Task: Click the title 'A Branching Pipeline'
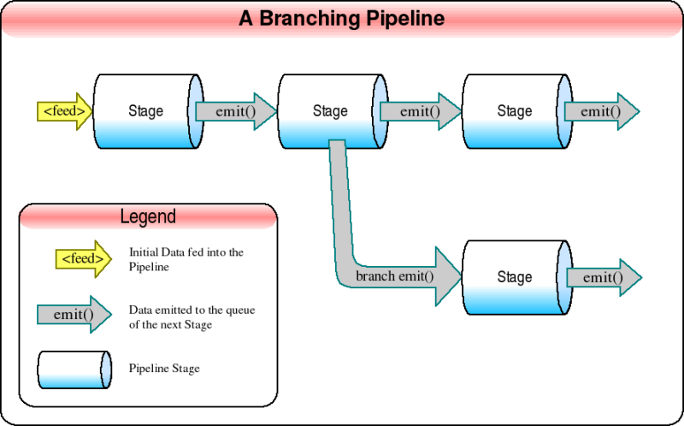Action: [341, 19]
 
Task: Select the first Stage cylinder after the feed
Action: [146, 111]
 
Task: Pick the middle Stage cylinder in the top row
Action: [330, 111]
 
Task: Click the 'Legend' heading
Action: [148, 216]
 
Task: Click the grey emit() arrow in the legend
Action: [74, 314]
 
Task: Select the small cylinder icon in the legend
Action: [74, 369]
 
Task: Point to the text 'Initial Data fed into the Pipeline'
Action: [186, 259]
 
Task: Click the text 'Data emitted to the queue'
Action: [192, 311]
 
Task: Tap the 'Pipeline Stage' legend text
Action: [164, 369]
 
